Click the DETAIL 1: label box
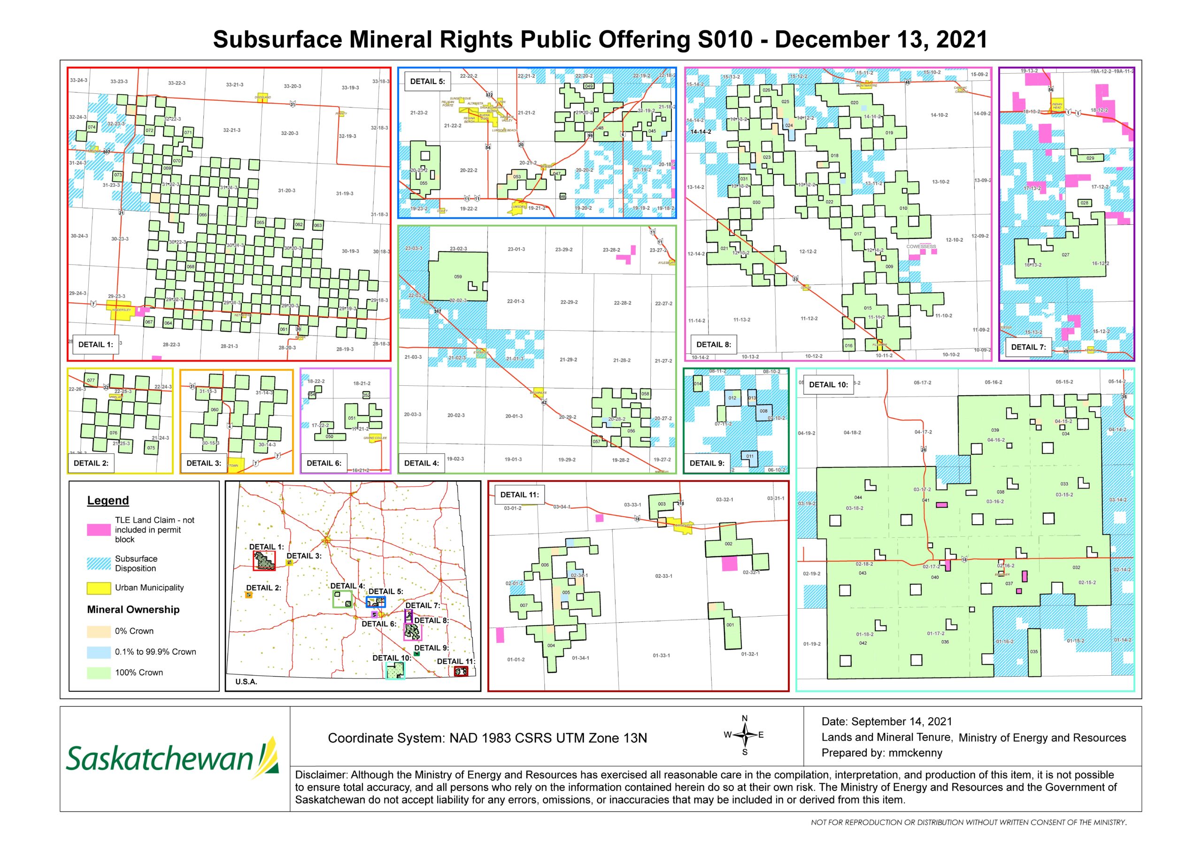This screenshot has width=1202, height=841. [x=95, y=344]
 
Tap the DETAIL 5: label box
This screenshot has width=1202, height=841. [x=427, y=82]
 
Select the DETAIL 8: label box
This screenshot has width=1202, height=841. [x=713, y=344]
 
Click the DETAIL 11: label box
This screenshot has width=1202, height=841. [x=519, y=495]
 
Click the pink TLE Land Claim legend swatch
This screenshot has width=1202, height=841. [x=99, y=530]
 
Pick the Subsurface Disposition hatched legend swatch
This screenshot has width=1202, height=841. [x=99, y=564]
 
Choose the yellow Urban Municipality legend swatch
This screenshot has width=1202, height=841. [x=99, y=588]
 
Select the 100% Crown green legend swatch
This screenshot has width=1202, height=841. [x=99, y=673]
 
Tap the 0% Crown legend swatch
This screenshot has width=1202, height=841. [x=99, y=631]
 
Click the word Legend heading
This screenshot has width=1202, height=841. [x=108, y=500]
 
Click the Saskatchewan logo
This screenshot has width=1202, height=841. [x=173, y=758]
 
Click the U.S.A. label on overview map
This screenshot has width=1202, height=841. [x=246, y=682]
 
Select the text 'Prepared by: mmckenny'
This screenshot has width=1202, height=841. [x=882, y=753]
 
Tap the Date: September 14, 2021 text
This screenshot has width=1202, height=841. [x=886, y=722]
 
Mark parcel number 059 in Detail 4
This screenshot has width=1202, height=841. [x=457, y=276]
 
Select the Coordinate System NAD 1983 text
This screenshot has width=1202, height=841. [x=487, y=738]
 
